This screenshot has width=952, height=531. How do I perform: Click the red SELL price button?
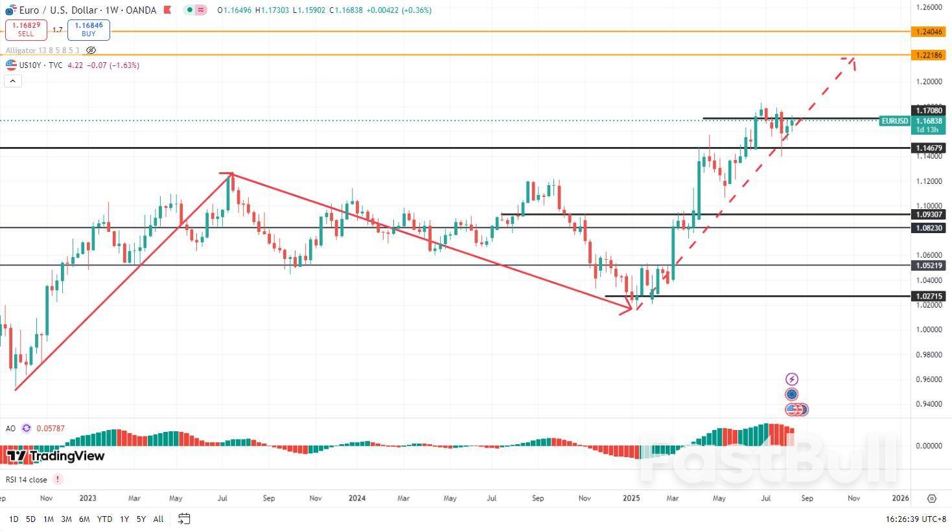point(26,29)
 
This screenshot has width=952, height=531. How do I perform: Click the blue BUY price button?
point(89,29)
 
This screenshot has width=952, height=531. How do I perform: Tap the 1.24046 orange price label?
point(928,31)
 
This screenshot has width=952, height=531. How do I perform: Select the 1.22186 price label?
point(928,55)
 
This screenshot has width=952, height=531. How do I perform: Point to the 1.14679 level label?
point(928,148)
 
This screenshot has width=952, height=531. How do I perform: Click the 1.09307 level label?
point(928,214)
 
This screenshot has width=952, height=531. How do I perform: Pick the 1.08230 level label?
point(928,228)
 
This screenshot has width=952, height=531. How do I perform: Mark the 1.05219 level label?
point(928,265)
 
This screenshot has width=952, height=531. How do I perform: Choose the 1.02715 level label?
point(928,296)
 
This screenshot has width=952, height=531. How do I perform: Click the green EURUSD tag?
point(894,121)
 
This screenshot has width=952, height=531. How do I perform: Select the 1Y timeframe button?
point(124,519)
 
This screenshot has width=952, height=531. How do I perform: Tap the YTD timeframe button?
point(104,519)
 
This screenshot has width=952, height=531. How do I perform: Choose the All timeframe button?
point(158,519)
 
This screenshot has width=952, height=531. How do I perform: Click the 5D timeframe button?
point(30,519)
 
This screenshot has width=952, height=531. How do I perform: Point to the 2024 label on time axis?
point(357,498)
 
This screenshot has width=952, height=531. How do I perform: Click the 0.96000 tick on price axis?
point(928,379)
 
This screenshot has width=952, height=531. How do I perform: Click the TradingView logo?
point(56,456)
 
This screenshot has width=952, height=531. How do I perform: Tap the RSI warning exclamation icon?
point(58,479)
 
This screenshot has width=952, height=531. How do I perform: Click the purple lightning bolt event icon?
point(791,379)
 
